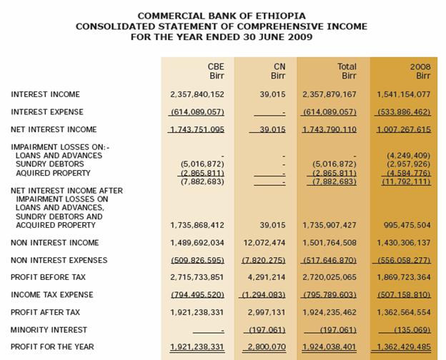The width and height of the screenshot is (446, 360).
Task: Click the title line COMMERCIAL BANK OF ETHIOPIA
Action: (221, 16)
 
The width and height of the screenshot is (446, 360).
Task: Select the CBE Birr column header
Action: (217, 71)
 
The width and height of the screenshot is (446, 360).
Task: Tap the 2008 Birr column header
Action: (420, 71)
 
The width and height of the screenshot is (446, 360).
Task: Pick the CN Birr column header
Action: (279, 71)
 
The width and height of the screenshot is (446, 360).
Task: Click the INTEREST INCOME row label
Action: (45, 94)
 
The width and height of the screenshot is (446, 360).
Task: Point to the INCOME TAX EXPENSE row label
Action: (52, 295)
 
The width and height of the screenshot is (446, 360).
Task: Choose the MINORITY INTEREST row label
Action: (49, 330)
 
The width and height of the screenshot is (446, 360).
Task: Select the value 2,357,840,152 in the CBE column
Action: (197, 94)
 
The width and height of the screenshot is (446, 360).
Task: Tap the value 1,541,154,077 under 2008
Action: (403, 94)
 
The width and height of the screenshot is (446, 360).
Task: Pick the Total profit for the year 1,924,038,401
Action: (329, 347)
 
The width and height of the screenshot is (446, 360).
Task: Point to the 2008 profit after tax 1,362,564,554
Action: (403, 312)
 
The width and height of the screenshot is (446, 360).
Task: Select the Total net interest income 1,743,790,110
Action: (329, 129)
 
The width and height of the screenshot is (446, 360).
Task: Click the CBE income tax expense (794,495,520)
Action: (197, 295)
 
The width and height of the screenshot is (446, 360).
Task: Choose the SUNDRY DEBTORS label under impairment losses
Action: (50, 164)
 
